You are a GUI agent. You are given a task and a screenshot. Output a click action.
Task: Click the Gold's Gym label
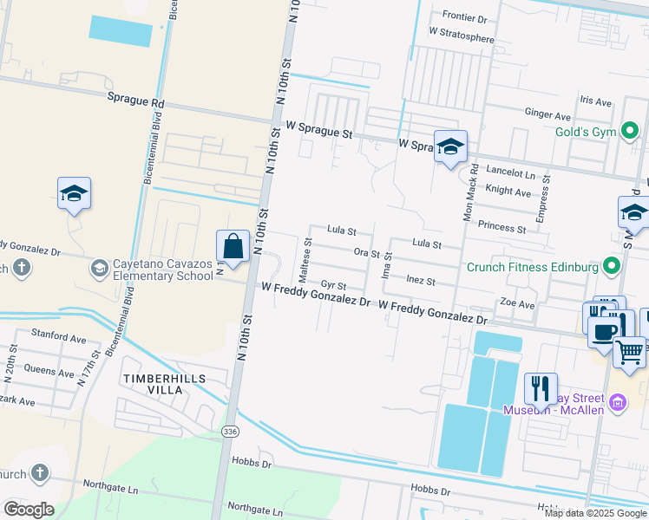click(585, 133)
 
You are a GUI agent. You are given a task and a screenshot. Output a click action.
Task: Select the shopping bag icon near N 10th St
click(234, 246)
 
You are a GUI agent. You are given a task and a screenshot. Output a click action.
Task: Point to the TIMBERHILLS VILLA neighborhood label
click(153, 385)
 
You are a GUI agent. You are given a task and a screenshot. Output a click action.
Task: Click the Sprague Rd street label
click(135, 101)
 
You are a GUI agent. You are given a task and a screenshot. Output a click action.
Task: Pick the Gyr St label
click(333, 285)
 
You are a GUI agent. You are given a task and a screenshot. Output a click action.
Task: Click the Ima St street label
click(388, 265)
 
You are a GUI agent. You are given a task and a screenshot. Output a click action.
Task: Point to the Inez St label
click(420, 281)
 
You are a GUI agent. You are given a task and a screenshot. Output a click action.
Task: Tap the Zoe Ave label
click(517, 305)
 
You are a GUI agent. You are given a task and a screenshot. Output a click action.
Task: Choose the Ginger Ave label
click(547, 114)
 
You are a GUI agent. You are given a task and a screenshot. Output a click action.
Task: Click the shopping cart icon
click(630, 352)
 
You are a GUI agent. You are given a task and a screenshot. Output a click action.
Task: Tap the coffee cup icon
click(605, 331)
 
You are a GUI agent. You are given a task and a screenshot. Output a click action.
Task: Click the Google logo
click(29, 510)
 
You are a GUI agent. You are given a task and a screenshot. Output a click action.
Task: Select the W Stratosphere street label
click(461, 38)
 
